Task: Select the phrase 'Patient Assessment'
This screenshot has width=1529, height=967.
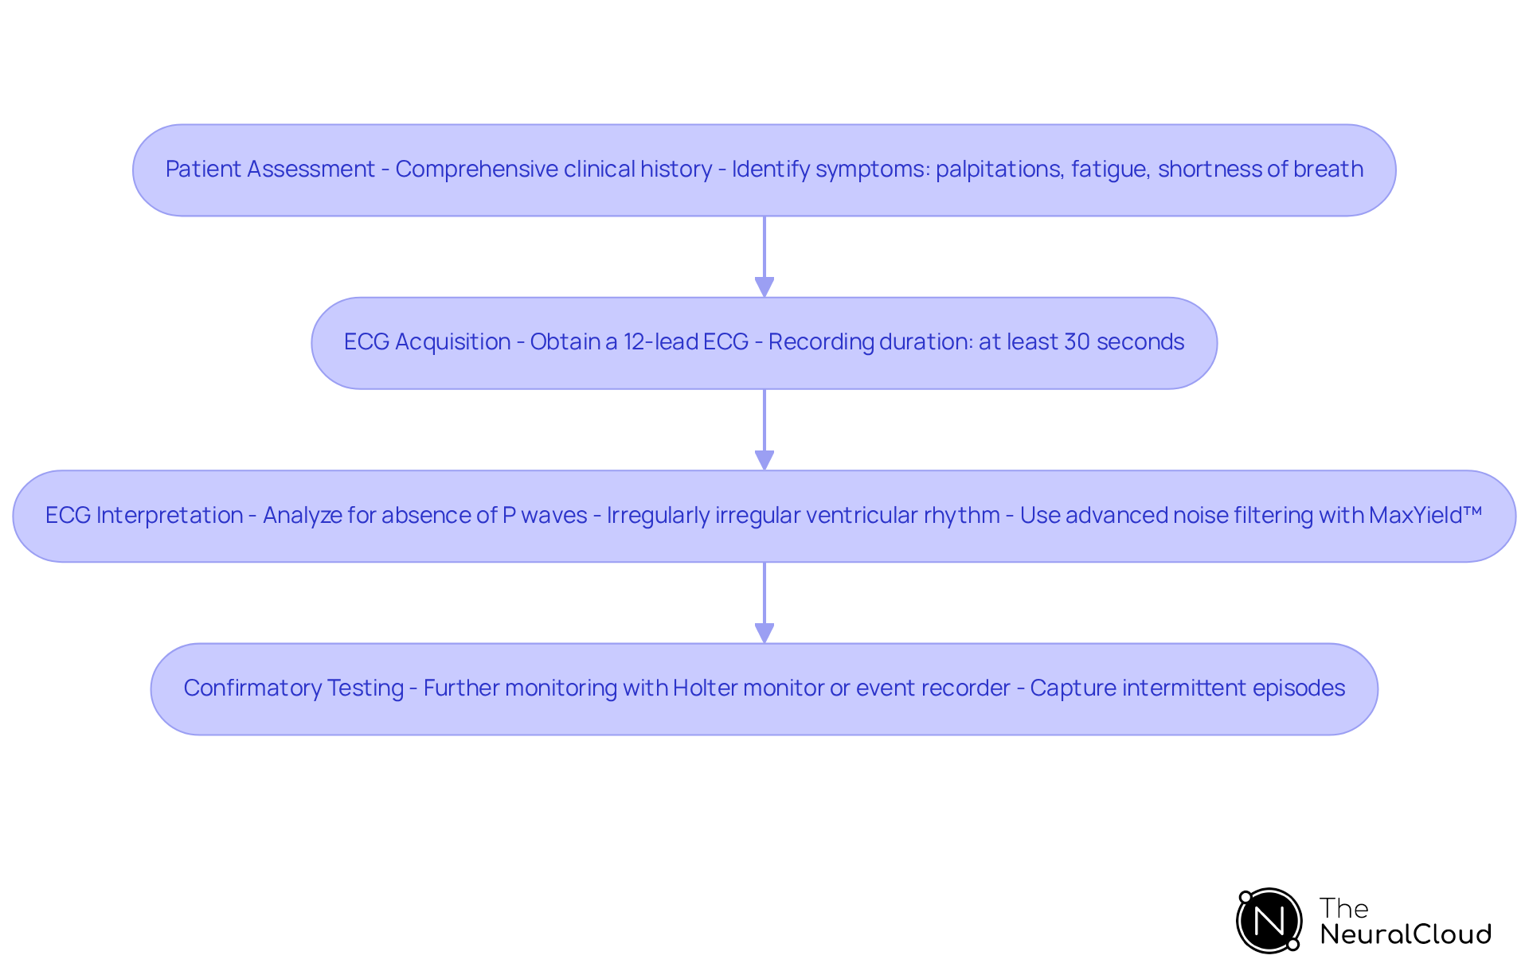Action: tap(270, 170)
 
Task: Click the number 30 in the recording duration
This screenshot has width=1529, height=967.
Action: tap(1077, 342)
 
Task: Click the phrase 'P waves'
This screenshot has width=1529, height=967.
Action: tap(545, 516)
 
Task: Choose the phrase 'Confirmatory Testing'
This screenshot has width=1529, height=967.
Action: tap(294, 688)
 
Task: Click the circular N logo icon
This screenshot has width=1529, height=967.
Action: tap(1269, 921)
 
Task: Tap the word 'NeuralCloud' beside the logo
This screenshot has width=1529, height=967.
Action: tap(1406, 934)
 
